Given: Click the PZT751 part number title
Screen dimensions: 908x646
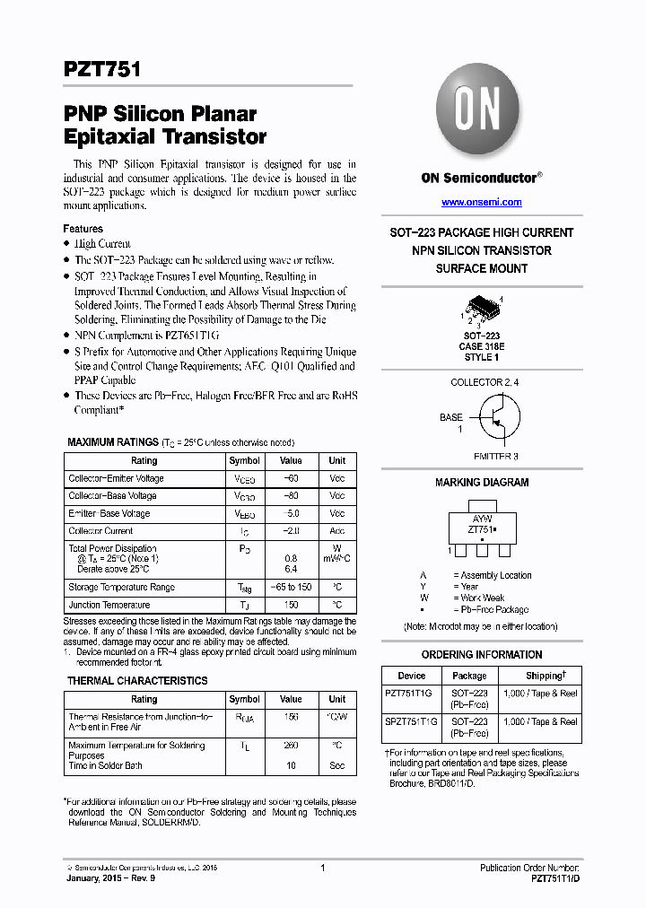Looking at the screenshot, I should click(101, 69).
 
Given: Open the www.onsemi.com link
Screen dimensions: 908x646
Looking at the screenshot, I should click(481, 203).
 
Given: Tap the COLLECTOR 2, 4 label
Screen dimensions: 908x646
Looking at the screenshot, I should click(484, 382).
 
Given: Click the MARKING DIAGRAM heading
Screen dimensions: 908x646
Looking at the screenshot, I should click(482, 483).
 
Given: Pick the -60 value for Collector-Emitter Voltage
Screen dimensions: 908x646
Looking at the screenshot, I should click(290, 478).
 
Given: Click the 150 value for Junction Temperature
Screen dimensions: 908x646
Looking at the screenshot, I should click(290, 605).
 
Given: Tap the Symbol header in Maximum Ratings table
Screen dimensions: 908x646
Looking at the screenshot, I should click(244, 460).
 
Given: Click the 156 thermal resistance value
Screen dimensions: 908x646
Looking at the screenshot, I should click(290, 717).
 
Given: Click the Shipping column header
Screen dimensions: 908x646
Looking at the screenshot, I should click(545, 676).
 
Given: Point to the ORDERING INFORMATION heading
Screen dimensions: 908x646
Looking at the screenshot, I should click(481, 655).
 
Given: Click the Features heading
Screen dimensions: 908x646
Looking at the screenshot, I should click(83, 229).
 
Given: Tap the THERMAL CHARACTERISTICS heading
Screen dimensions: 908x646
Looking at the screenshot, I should click(136, 681).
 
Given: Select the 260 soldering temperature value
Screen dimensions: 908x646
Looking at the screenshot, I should click(290, 746).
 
